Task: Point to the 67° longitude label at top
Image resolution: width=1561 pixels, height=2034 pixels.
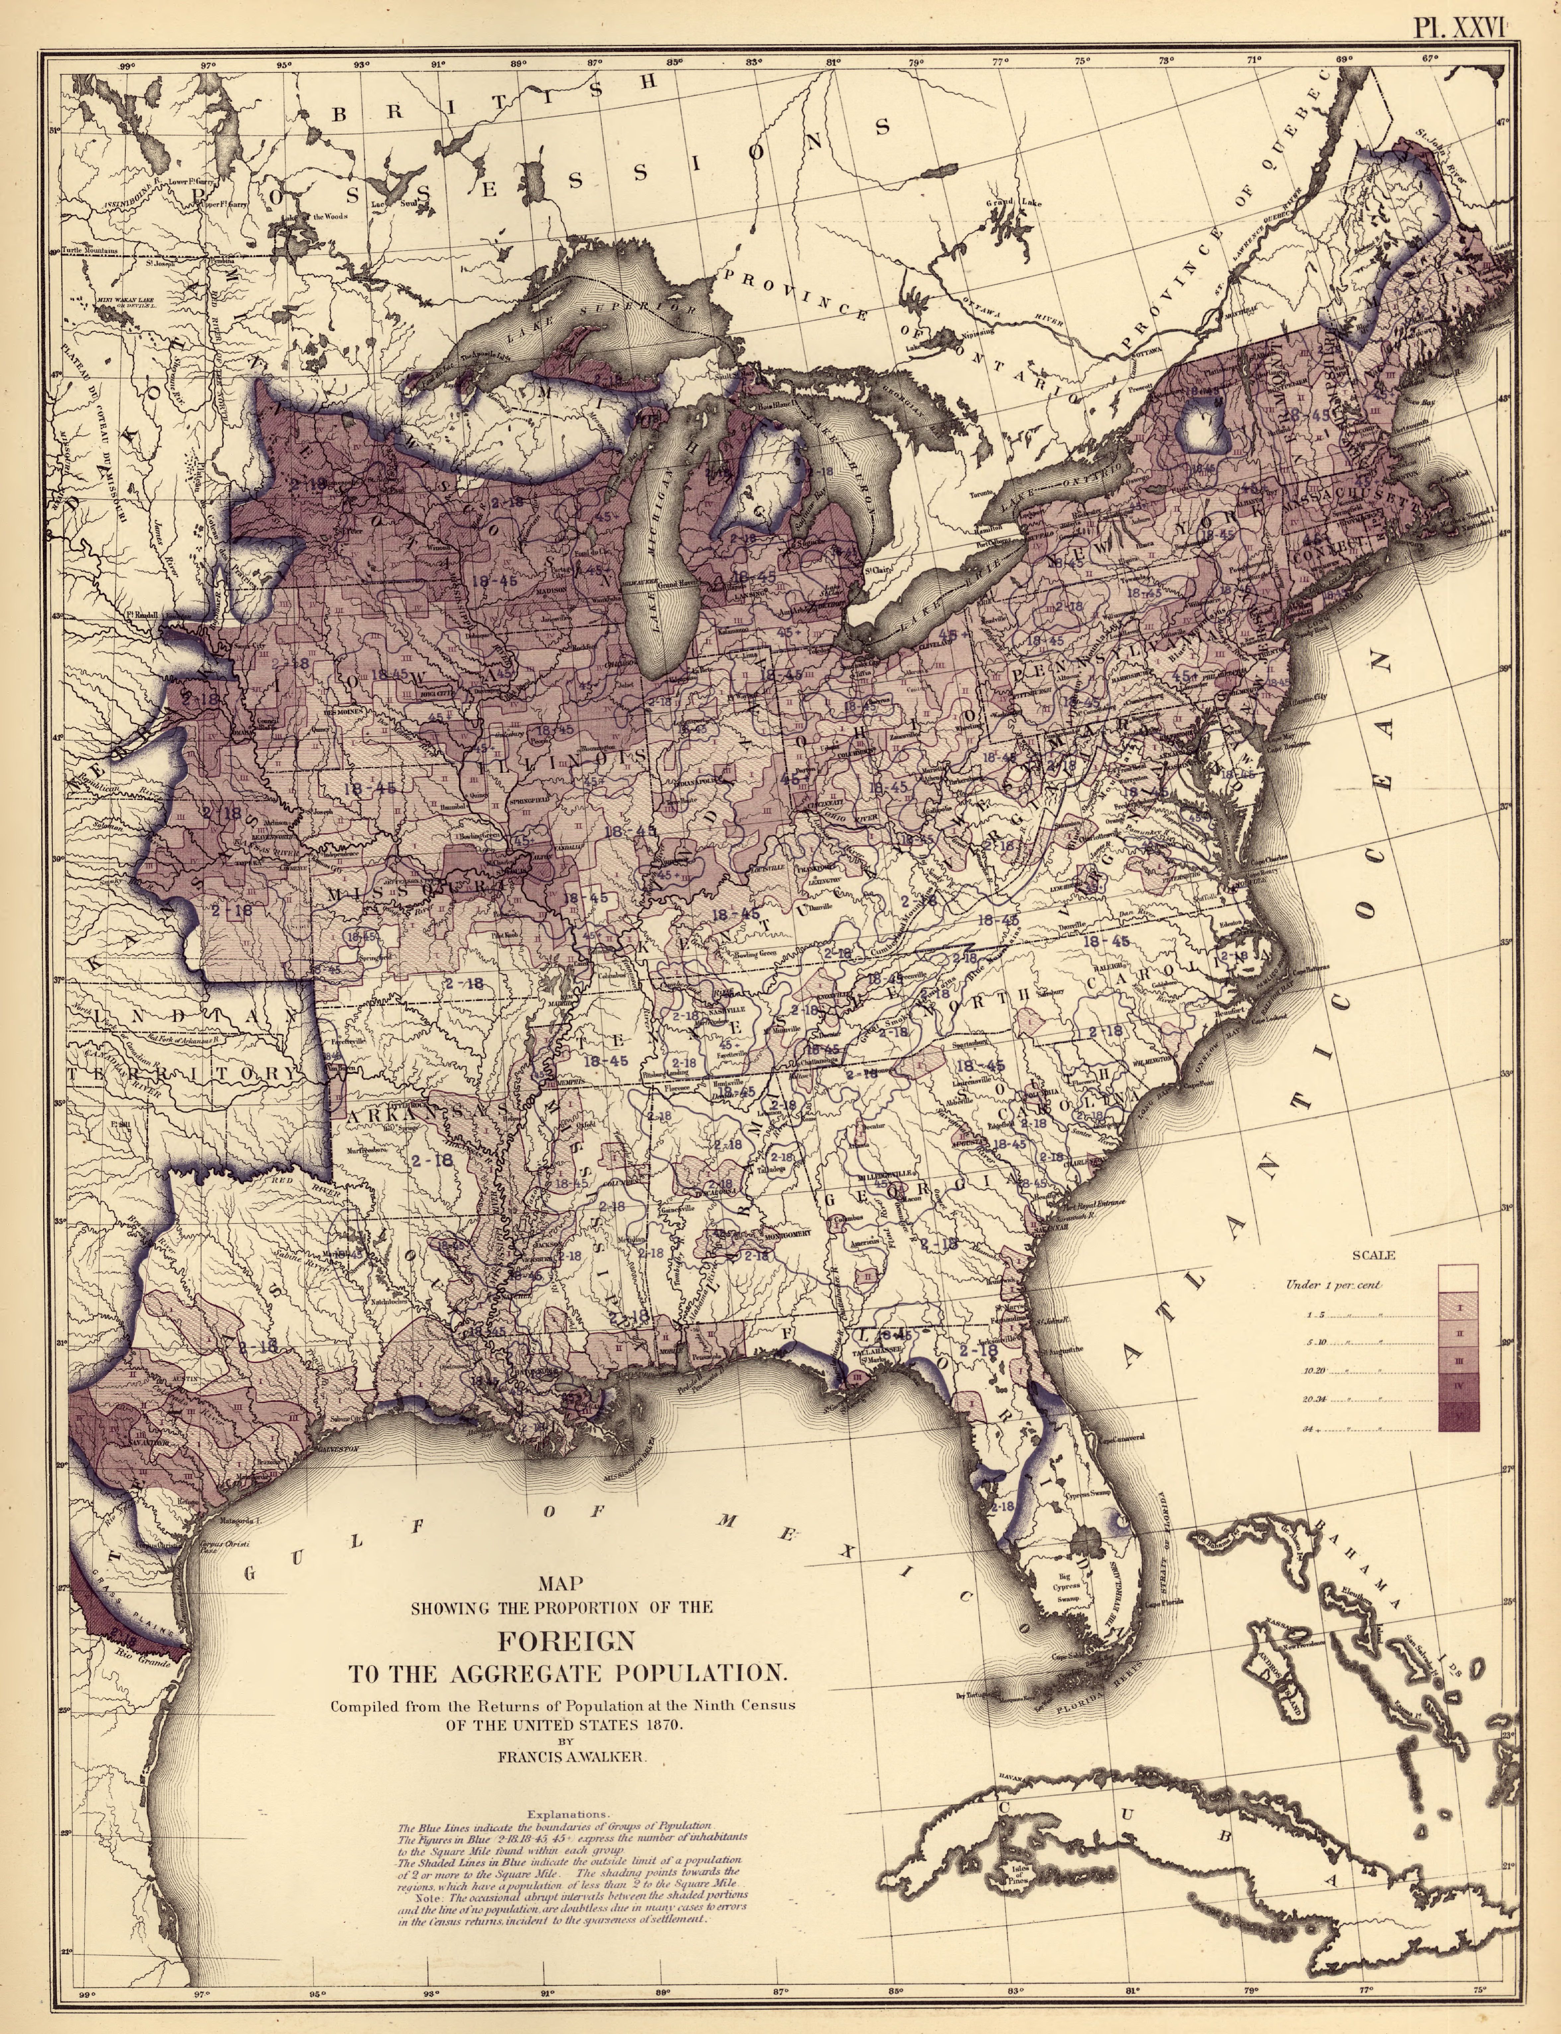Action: tap(1428, 58)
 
